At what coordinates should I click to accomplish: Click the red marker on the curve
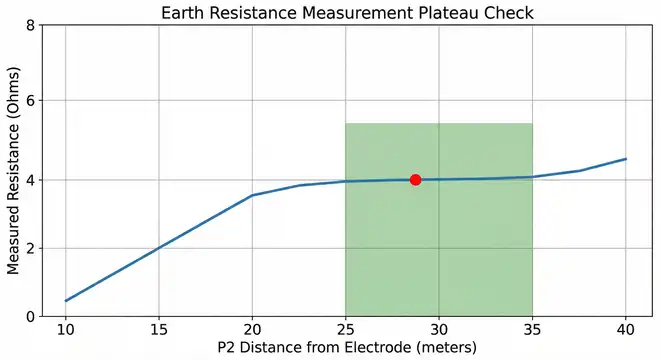click(415, 179)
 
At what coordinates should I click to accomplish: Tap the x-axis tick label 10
click(65, 329)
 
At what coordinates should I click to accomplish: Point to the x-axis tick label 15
click(158, 329)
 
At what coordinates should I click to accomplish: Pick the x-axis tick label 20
click(252, 329)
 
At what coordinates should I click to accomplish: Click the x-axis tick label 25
click(345, 329)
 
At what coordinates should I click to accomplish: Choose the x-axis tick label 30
click(439, 329)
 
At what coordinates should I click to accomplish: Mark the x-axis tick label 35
click(532, 329)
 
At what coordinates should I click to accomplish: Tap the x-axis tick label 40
click(626, 329)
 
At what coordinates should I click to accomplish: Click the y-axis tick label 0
click(30, 316)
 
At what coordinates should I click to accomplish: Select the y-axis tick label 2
click(30, 248)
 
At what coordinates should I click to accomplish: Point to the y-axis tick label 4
click(30, 179)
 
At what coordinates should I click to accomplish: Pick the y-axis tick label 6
click(30, 101)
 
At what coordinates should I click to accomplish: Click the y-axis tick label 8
click(30, 24)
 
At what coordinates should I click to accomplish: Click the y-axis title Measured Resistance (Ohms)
click(13, 170)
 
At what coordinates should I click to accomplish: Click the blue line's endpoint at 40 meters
click(626, 159)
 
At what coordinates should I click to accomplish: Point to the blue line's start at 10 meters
click(65, 301)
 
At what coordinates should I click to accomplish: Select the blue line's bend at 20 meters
click(252, 195)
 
